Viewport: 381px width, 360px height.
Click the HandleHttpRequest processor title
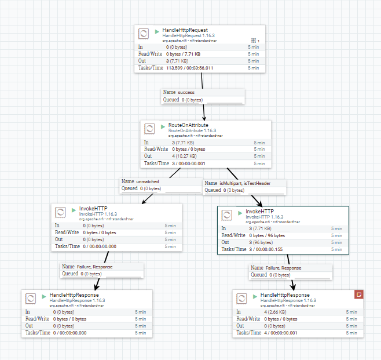(x=185, y=30)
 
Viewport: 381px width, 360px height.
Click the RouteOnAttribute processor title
(x=188, y=125)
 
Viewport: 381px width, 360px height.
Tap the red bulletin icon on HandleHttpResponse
(x=359, y=294)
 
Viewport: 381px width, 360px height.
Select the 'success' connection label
(x=186, y=92)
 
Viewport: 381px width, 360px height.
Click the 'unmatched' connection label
(x=148, y=181)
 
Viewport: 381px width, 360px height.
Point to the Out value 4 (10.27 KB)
(x=184, y=156)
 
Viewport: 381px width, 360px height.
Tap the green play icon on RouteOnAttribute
(x=163, y=125)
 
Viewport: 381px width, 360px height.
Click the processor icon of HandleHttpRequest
(x=144, y=34)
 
